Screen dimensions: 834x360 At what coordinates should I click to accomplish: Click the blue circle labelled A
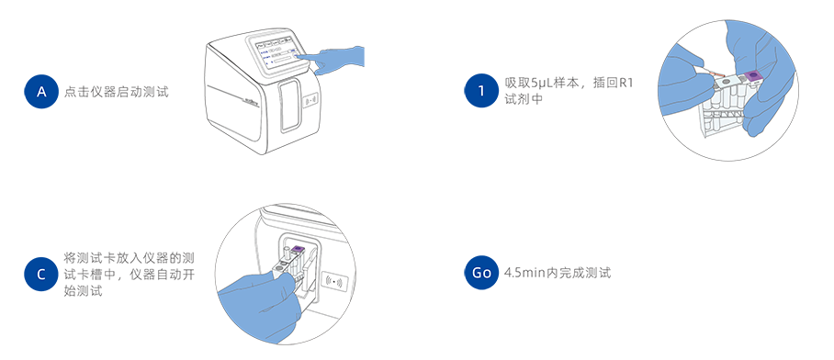[41, 92]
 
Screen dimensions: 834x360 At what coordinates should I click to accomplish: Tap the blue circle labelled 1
[481, 90]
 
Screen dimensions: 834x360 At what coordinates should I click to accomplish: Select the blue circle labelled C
[41, 275]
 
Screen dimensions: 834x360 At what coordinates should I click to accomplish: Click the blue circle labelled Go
[481, 272]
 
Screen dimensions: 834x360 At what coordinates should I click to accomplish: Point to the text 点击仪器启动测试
[117, 92]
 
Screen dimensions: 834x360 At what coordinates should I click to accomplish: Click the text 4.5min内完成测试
[558, 273]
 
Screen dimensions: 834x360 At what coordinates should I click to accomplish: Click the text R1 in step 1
[626, 84]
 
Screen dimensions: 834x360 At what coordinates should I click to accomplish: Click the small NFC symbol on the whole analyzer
[311, 100]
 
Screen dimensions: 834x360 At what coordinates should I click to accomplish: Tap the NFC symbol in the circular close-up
[334, 281]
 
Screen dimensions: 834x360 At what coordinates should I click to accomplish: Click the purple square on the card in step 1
[753, 77]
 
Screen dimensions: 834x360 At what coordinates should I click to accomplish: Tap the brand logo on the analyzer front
[250, 99]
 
